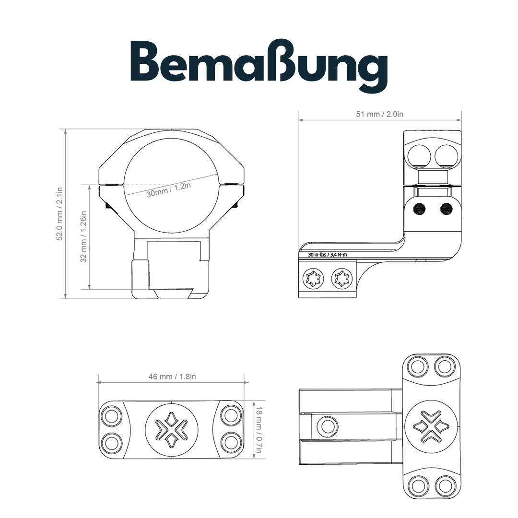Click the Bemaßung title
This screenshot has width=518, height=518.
(x=259, y=64)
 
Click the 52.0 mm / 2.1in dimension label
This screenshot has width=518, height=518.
(x=60, y=213)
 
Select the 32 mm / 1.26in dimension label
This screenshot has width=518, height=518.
(x=83, y=237)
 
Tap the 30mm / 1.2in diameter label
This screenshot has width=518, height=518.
(x=169, y=190)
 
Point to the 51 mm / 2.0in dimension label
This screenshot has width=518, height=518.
(x=379, y=114)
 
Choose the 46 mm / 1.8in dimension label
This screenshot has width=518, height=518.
(x=172, y=377)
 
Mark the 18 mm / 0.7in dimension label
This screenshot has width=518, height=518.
(x=259, y=430)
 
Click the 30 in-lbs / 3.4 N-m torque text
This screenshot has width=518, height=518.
(x=328, y=254)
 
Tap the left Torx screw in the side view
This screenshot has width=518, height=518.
(x=313, y=279)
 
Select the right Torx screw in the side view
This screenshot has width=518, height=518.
(x=342, y=279)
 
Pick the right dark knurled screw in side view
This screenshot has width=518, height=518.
(x=447, y=209)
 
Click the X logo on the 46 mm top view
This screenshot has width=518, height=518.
(x=172, y=429)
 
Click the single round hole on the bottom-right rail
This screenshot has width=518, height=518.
(x=329, y=426)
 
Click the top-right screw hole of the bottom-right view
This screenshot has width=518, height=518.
(x=444, y=367)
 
